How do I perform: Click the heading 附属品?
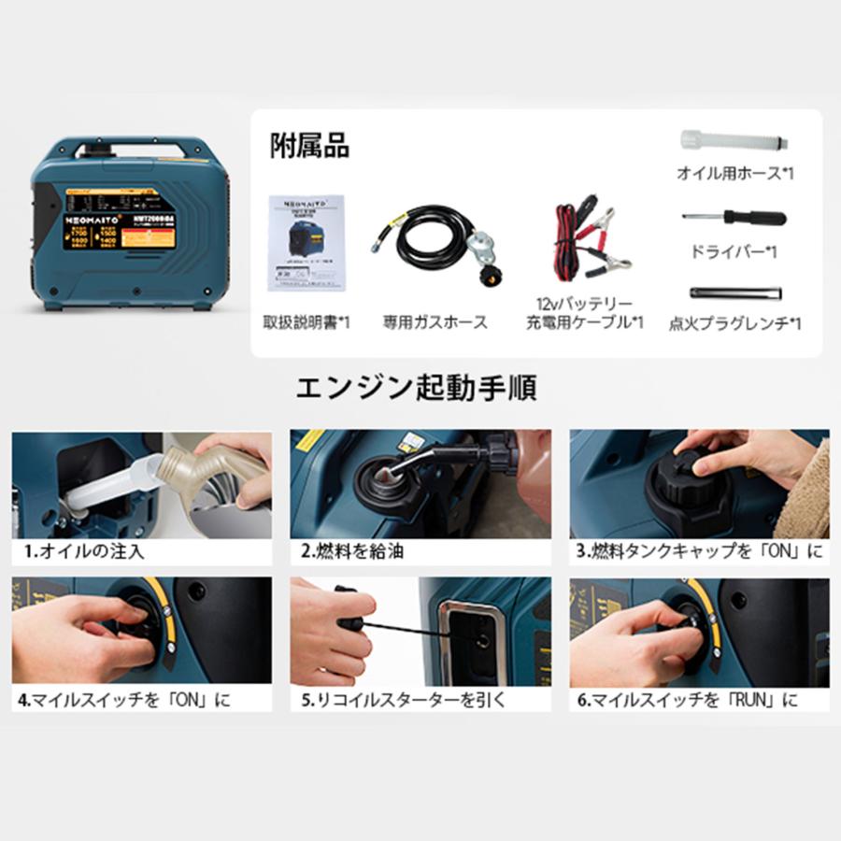[309, 147]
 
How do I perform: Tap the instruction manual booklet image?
[307, 240]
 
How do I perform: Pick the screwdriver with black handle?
[734, 219]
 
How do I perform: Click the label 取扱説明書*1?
[306, 322]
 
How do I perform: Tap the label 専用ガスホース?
[435, 322]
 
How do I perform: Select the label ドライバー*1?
[734, 252]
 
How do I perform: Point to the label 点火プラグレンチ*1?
[734, 324]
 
